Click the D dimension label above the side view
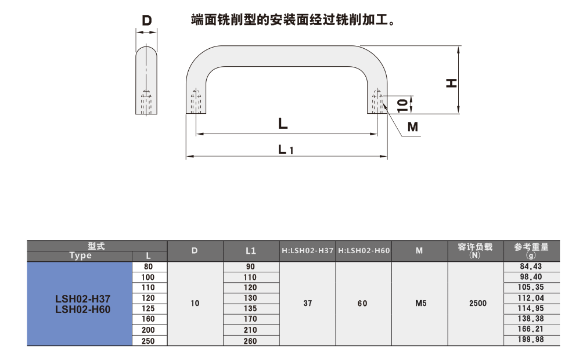point(147,21)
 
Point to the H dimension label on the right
point(452,83)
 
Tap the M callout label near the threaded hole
point(412,127)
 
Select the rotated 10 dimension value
point(402,105)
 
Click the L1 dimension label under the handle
point(286,150)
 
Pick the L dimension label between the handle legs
point(283,123)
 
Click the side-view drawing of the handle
point(146,80)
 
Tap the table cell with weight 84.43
point(531,267)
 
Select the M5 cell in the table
point(420,304)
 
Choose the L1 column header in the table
point(251,251)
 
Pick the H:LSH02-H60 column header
point(364,251)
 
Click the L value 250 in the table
point(148,341)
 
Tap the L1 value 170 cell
point(251,319)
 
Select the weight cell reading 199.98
point(531,340)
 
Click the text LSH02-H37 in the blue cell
point(83,298)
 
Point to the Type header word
point(80,255)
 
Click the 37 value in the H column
point(308,304)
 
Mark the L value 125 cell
point(148,308)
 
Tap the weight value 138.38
point(531,319)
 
